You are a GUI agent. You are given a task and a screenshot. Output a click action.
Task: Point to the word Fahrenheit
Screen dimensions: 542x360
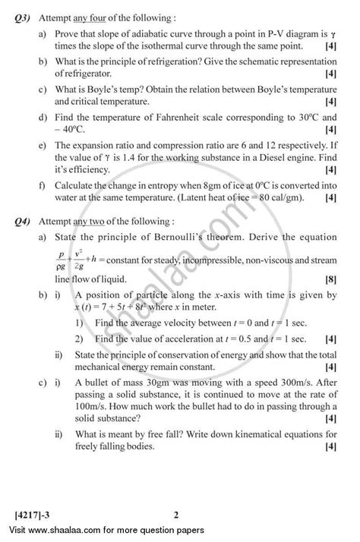[179, 116]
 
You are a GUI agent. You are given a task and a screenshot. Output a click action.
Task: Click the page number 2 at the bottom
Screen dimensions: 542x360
[175, 516]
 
